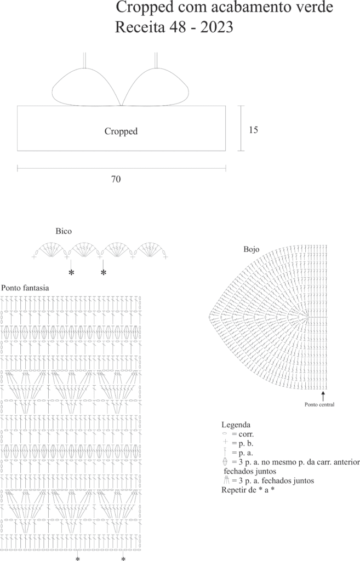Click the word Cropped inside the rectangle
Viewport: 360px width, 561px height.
click(121, 131)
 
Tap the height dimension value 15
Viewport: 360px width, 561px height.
click(253, 130)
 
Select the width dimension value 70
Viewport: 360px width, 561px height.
click(116, 179)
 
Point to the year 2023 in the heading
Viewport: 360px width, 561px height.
click(216, 27)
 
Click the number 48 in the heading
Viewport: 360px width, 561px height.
click(177, 27)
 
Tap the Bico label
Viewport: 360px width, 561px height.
click(64, 231)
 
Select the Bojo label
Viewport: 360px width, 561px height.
click(251, 249)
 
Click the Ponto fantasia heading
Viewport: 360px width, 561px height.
click(25, 288)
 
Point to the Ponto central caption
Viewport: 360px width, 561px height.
click(319, 405)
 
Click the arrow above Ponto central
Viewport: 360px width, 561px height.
click(323, 396)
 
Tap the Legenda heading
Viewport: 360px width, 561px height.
click(236, 425)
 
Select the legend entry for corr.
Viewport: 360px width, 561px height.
click(238, 434)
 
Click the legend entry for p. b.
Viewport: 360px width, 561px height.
click(238, 444)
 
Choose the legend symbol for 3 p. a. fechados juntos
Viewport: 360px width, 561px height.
click(226, 480)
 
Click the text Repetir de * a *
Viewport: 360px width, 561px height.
click(248, 490)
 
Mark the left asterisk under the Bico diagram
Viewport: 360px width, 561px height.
click(71, 273)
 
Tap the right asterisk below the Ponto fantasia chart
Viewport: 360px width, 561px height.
click(123, 558)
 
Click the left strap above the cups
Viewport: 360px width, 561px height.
click(85, 60)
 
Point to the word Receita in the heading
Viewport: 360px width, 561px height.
click(140, 27)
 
